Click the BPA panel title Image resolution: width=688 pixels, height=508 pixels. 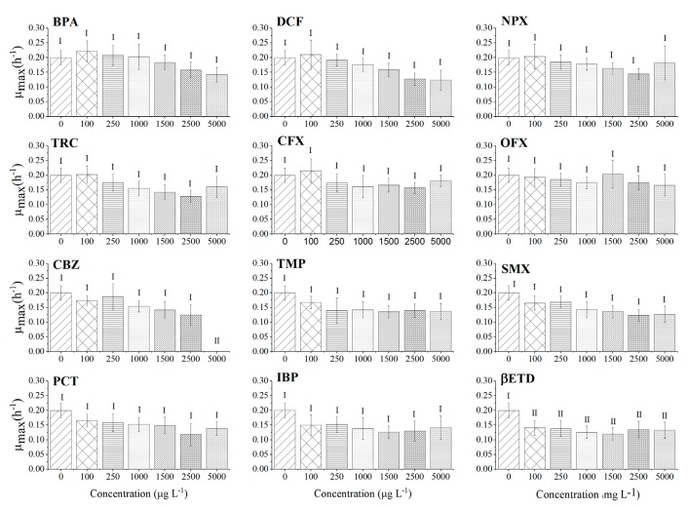click(x=66, y=20)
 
